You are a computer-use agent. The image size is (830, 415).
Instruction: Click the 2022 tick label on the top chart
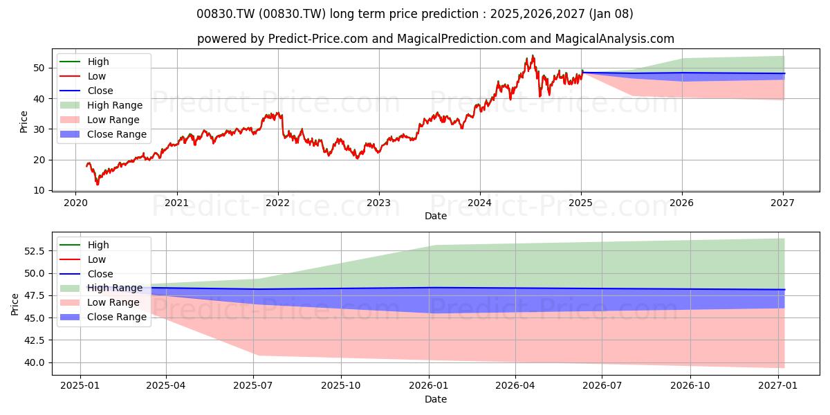pyautogui.click(x=278, y=203)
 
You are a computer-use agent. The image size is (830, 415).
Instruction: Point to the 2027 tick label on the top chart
pyautogui.click(x=782, y=203)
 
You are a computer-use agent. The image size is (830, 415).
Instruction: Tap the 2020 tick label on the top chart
pyautogui.click(x=75, y=203)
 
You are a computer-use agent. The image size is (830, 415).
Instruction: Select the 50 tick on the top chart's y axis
pyautogui.click(x=39, y=68)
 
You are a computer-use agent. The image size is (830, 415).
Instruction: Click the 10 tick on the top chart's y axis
pyautogui.click(x=39, y=190)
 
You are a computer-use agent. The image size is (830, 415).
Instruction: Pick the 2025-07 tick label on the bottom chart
pyautogui.click(x=253, y=386)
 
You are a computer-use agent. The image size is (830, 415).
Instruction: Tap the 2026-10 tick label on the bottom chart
pyautogui.click(x=690, y=386)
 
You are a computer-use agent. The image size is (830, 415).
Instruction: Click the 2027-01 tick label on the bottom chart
pyautogui.click(x=778, y=386)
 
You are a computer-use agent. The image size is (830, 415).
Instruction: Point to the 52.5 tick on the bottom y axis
pyautogui.click(x=35, y=251)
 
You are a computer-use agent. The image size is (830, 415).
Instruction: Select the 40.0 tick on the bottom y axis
pyautogui.click(x=35, y=362)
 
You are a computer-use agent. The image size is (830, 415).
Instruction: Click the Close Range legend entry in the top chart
pyautogui.click(x=103, y=134)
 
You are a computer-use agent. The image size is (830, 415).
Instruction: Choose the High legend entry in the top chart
pyautogui.click(x=84, y=62)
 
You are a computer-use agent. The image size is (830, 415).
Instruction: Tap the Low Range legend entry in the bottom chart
pyautogui.click(x=100, y=303)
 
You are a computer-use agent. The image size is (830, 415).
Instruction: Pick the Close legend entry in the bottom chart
pyautogui.click(x=86, y=274)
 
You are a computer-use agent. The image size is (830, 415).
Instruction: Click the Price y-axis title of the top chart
pyautogui.click(x=24, y=122)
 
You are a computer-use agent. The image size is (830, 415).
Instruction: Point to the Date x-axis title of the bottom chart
pyautogui.click(x=436, y=400)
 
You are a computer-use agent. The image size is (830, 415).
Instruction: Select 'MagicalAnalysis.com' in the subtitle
pyautogui.click(x=614, y=39)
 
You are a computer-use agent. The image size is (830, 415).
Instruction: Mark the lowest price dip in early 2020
pyautogui.click(x=98, y=183)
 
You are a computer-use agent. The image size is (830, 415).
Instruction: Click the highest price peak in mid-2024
pyautogui.click(x=533, y=55)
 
